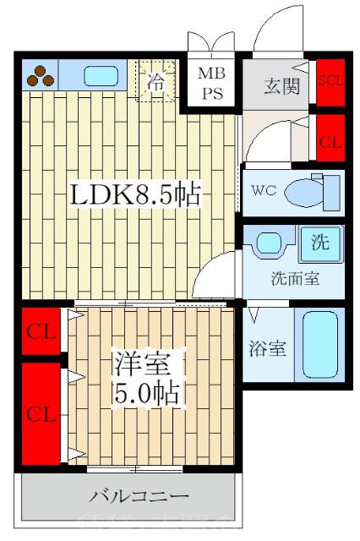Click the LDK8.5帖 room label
(134, 195)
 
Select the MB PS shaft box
(211, 84)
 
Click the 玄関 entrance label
(281, 85)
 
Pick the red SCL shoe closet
(330, 82)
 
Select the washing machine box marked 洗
(319, 244)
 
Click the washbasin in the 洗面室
(270, 244)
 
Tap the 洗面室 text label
(294, 279)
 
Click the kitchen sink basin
(102, 76)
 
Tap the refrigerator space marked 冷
(157, 82)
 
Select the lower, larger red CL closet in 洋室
(41, 413)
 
